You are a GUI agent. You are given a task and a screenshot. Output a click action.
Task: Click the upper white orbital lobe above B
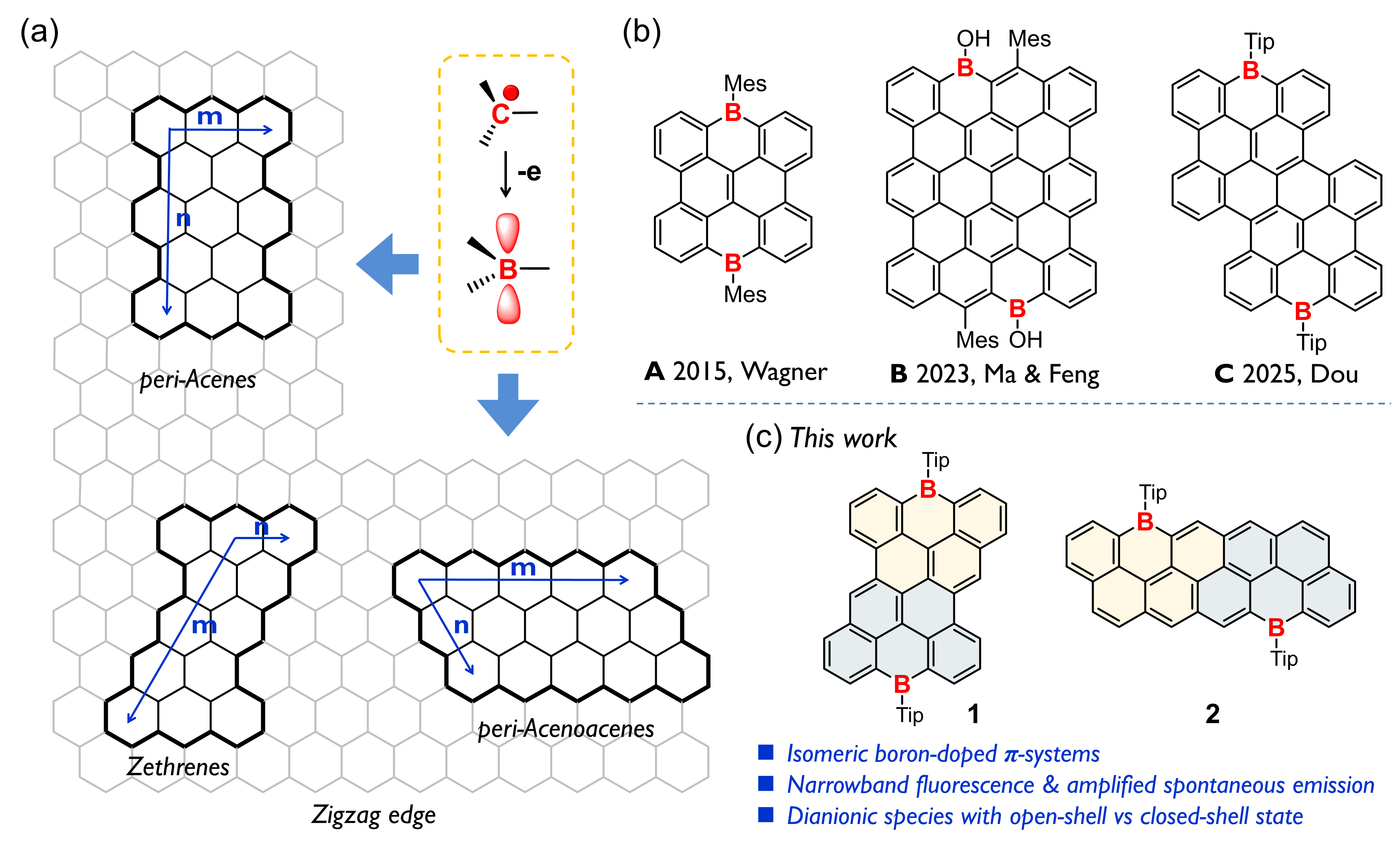(508, 232)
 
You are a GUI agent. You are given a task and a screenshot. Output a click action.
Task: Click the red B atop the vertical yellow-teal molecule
(928, 489)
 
